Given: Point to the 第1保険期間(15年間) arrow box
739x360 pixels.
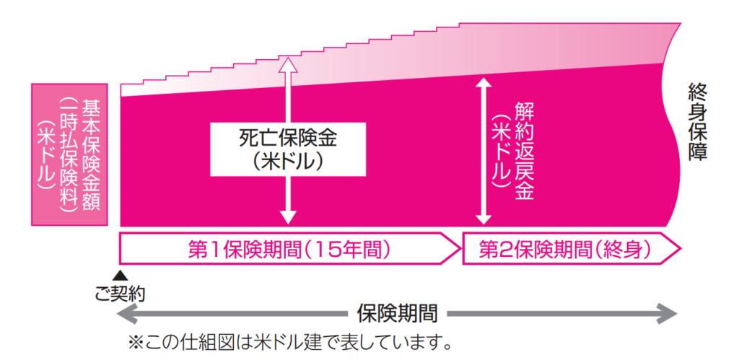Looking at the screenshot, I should click(x=289, y=250).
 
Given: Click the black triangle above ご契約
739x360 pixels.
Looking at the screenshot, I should click(x=121, y=275).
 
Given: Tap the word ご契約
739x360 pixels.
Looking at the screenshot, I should click(x=121, y=293).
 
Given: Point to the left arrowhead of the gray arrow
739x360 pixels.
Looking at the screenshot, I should click(x=127, y=313).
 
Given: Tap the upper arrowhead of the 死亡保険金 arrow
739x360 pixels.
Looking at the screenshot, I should click(x=288, y=64).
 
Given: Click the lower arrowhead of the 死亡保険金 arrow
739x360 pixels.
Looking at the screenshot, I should click(x=288, y=217).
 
